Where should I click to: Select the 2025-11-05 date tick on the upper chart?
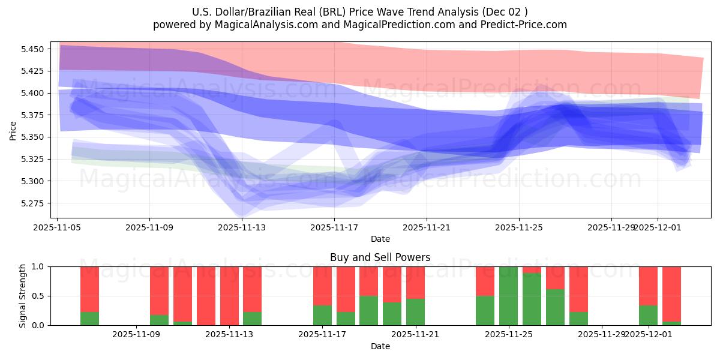[x=57, y=228]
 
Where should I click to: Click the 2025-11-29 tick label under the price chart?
[x=611, y=228]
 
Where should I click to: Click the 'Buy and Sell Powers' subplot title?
[x=380, y=257]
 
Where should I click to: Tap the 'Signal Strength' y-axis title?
[x=23, y=296]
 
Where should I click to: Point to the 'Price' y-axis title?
[x=13, y=130]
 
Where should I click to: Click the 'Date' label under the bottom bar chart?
[x=380, y=346]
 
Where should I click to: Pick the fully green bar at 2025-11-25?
[x=508, y=296]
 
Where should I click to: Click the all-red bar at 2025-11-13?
[x=229, y=296]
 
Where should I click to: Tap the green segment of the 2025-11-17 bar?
[x=322, y=316]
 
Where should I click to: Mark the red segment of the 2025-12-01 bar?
[x=648, y=286]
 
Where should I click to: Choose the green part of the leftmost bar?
[x=89, y=319]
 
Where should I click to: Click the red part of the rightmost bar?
[x=671, y=294]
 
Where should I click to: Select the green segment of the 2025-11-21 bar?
[x=415, y=312]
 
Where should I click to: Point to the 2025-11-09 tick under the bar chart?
[x=136, y=334]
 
